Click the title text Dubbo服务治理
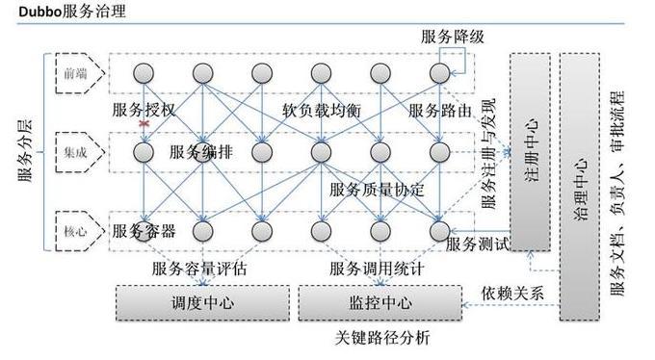(x=62, y=12)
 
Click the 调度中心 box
(x=202, y=302)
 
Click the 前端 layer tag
(x=74, y=73)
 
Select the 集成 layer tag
(x=74, y=150)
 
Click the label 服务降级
(x=452, y=37)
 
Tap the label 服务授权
(x=144, y=110)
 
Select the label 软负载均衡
(x=322, y=110)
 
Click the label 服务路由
(x=440, y=110)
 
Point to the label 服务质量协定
(x=377, y=189)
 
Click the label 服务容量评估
(x=199, y=269)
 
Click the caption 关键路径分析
(x=382, y=338)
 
